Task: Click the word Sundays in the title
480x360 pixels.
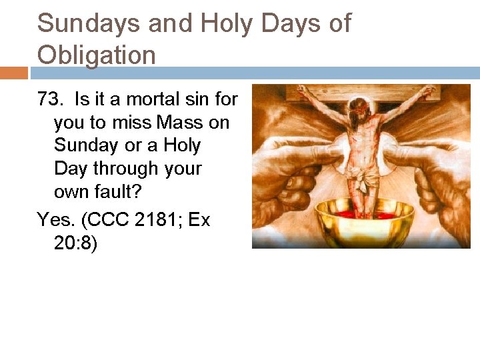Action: click(x=88, y=24)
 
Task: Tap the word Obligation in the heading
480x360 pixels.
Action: click(x=97, y=55)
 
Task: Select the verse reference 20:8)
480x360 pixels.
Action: click(x=76, y=243)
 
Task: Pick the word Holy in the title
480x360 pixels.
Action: click(x=227, y=24)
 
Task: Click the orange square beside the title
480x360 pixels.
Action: click(x=13, y=73)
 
